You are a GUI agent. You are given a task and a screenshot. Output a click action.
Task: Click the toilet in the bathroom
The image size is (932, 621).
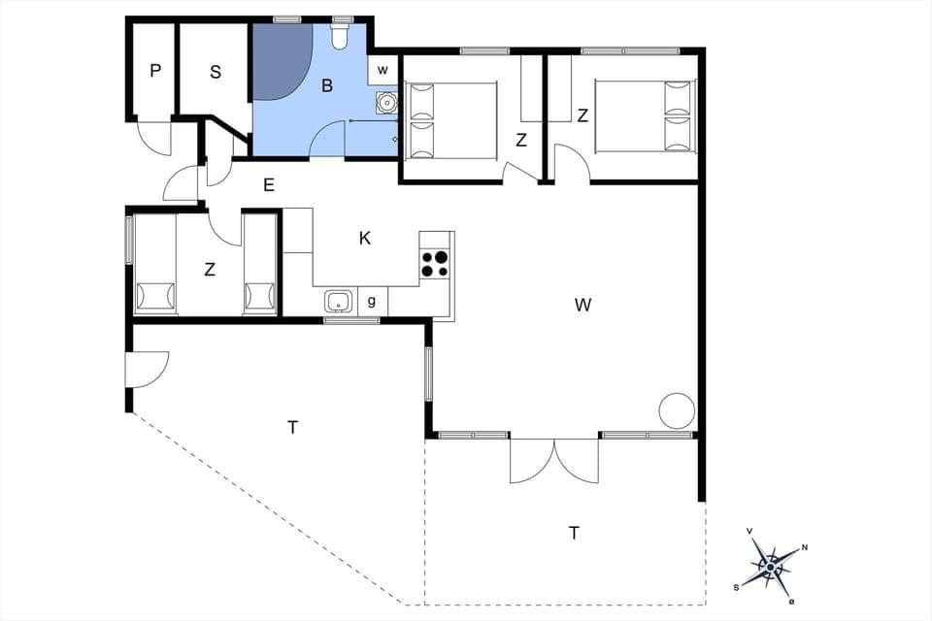pyautogui.click(x=340, y=37)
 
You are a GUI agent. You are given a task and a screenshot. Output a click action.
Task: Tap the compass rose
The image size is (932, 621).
pyautogui.click(x=771, y=566)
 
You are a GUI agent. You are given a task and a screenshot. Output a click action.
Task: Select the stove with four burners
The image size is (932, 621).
pyautogui.click(x=435, y=264)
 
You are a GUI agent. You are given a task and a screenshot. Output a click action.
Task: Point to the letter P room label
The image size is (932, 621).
pyautogui.click(x=154, y=71)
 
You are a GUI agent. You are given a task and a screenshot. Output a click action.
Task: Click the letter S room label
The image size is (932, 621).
pyautogui.click(x=215, y=71)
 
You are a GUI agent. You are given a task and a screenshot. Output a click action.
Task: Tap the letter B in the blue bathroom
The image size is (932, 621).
pyautogui.click(x=327, y=85)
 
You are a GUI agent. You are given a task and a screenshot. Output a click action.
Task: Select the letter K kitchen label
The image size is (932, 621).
pyautogui.click(x=365, y=238)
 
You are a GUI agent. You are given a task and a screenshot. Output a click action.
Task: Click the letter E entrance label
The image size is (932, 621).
pyautogui.click(x=269, y=184)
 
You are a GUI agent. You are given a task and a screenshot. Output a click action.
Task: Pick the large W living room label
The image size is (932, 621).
pyautogui.click(x=582, y=305)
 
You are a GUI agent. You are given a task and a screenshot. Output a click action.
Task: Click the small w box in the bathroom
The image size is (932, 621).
pyautogui.click(x=383, y=70)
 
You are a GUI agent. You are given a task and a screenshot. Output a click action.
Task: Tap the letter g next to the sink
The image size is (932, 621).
pyautogui.click(x=372, y=302)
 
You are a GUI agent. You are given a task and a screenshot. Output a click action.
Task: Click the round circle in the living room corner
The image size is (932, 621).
pyautogui.click(x=677, y=410)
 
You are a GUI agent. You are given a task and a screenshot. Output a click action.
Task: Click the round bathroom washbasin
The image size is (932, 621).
pyautogui.click(x=387, y=101)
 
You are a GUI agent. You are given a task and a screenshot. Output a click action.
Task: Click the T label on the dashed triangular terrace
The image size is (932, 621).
pyautogui.click(x=292, y=426)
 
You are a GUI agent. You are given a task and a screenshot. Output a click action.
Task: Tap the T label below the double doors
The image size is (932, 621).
pyautogui.click(x=574, y=532)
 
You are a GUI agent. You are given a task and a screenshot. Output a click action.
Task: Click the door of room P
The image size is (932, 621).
pyautogui.click(x=152, y=137)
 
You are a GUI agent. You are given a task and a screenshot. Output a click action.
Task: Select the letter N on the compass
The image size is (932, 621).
pyautogui.click(x=805, y=548)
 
